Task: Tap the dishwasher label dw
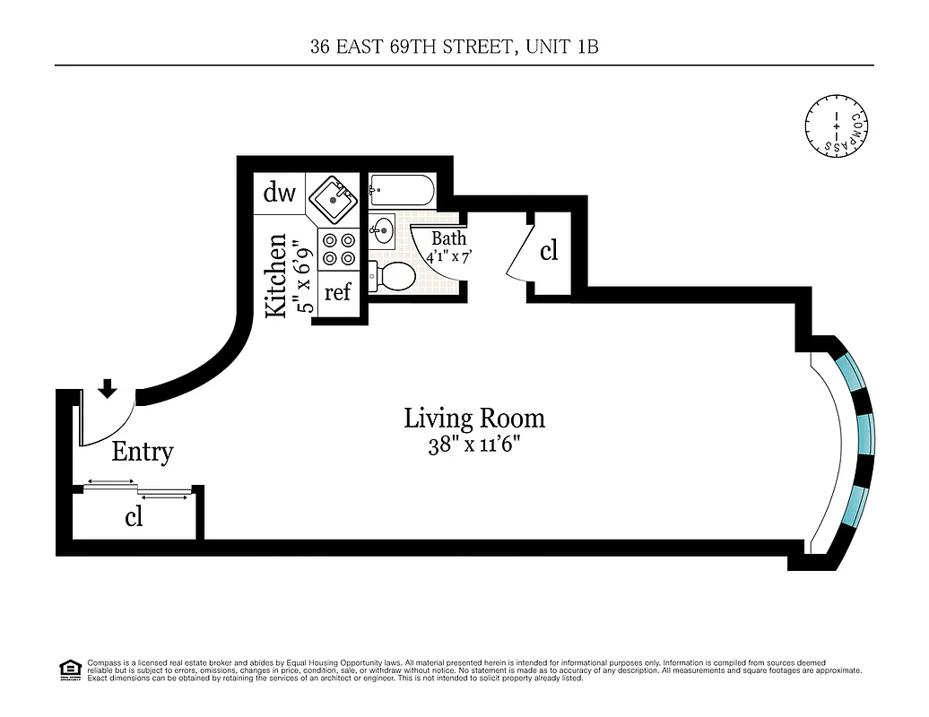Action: click(x=280, y=194)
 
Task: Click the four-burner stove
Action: click(x=338, y=249)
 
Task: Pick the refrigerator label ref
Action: click(x=337, y=292)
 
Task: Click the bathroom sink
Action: click(x=383, y=229)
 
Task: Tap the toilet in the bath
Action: click(x=394, y=276)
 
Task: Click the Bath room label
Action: click(x=448, y=238)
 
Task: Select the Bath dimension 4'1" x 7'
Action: click(x=449, y=255)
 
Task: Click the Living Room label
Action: click(x=473, y=419)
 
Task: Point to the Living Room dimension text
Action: click(x=473, y=445)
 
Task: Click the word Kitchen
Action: click(x=278, y=274)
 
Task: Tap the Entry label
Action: click(x=142, y=452)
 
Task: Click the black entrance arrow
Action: click(x=108, y=387)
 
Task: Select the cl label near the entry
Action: click(x=134, y=517)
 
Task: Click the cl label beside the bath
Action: click(x=549, y=251)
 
